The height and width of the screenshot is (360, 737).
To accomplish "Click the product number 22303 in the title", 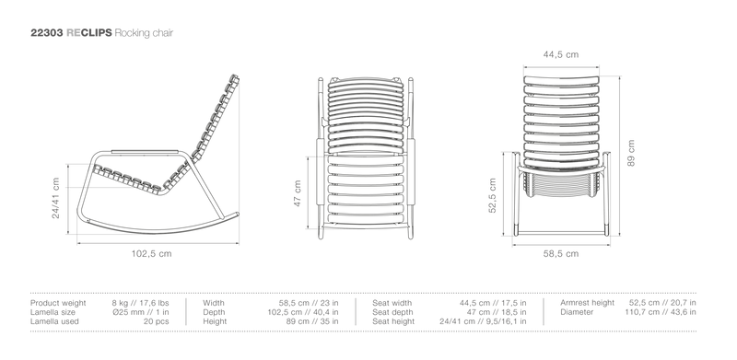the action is (x=47, y=33).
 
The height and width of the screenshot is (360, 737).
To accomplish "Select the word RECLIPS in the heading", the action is (x=89, y=33).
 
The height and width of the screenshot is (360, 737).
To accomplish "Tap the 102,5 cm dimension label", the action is (x=151, y=254).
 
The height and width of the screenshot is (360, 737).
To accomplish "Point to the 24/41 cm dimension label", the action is (x=56, y=198).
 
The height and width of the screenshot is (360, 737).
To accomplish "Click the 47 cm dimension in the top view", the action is (x=297, y=193).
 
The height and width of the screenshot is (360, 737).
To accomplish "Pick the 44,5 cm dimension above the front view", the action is (x=561, y=54).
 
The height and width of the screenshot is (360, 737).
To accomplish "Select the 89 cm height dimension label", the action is (x=631, y=153).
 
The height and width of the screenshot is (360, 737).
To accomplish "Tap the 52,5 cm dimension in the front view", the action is (x=492, y=195).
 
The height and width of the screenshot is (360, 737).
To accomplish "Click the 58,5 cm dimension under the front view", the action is (x=561, y=254).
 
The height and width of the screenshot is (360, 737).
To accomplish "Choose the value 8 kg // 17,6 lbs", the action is (x=141, y=303).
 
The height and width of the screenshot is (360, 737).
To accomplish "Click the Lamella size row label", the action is (x=53, y=312).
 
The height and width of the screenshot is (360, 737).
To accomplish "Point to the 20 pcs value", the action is (x=156, y=321).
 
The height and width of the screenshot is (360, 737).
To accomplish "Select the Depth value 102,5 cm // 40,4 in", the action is (x=303, y=312).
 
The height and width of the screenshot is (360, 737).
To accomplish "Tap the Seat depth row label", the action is (x=393, y=312).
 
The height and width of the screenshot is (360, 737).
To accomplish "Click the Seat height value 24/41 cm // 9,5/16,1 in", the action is (x=483, y=321).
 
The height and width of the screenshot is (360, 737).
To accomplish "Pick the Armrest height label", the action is (x=587, y=303).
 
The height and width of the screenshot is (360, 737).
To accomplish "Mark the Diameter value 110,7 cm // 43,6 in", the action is (x=661, y=312).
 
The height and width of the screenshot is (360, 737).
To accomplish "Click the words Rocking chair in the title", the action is (x=144, y=33).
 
